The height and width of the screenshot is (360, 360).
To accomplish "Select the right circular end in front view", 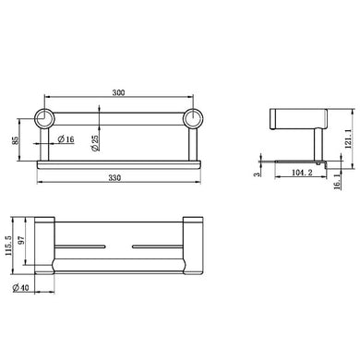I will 193,119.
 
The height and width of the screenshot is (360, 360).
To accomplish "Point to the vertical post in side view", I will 315,144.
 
